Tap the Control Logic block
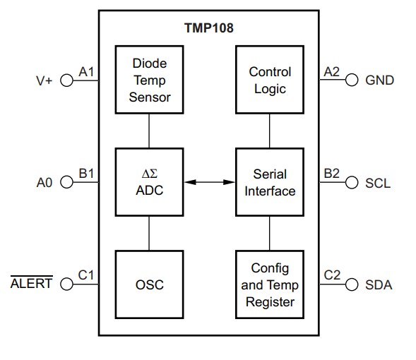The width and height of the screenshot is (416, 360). [270, 80]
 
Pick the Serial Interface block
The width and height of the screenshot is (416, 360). [270, 182]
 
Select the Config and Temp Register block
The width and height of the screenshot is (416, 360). [270, 284]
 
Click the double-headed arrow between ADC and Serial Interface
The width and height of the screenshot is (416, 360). [209, 182]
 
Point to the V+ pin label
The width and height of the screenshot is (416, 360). [44, 80]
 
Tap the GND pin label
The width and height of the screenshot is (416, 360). [379, 80]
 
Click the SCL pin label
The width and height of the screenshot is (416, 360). [377, 183]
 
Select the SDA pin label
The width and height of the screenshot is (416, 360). [379, 285]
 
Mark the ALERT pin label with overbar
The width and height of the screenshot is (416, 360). [31, 285]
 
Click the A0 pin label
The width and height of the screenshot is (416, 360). [44, 183]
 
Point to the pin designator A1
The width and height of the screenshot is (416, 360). [86, 71]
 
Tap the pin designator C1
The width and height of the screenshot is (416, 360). [86, 275]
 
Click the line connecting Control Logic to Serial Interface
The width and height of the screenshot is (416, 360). [270, 131]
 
